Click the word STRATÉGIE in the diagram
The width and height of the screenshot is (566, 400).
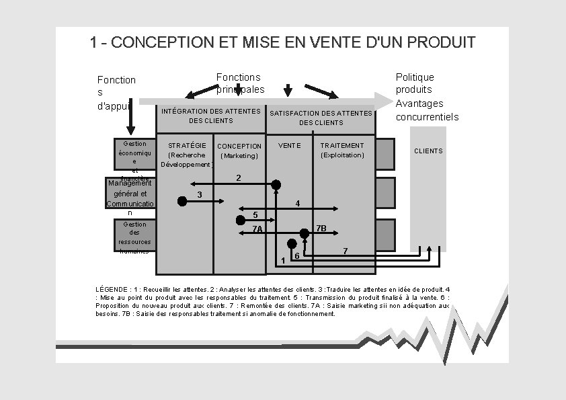click(187, 145)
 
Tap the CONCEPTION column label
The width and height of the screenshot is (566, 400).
click(239, 146)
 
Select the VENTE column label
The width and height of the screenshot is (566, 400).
click(290, 145)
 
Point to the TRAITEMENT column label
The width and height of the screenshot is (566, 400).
click(342, 145)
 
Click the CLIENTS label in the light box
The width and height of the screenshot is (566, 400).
click(428, 151)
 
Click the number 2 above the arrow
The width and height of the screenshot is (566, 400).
click(238, 178)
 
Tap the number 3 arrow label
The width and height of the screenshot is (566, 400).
click(200, 195)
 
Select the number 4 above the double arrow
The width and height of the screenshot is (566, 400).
click(297, 204)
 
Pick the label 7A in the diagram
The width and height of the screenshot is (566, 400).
click(257, 229)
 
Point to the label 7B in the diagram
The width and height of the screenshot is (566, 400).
click(321, 229)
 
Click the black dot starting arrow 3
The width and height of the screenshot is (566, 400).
click(181, 201)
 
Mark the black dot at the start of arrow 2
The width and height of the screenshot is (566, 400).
click(276, 184)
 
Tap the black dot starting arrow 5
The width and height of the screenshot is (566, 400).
click(241, 220)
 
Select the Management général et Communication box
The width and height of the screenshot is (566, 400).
click(130, 195)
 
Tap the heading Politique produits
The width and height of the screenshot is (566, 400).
click(415, 83)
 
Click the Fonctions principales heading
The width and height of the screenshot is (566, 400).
click(240, 83)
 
